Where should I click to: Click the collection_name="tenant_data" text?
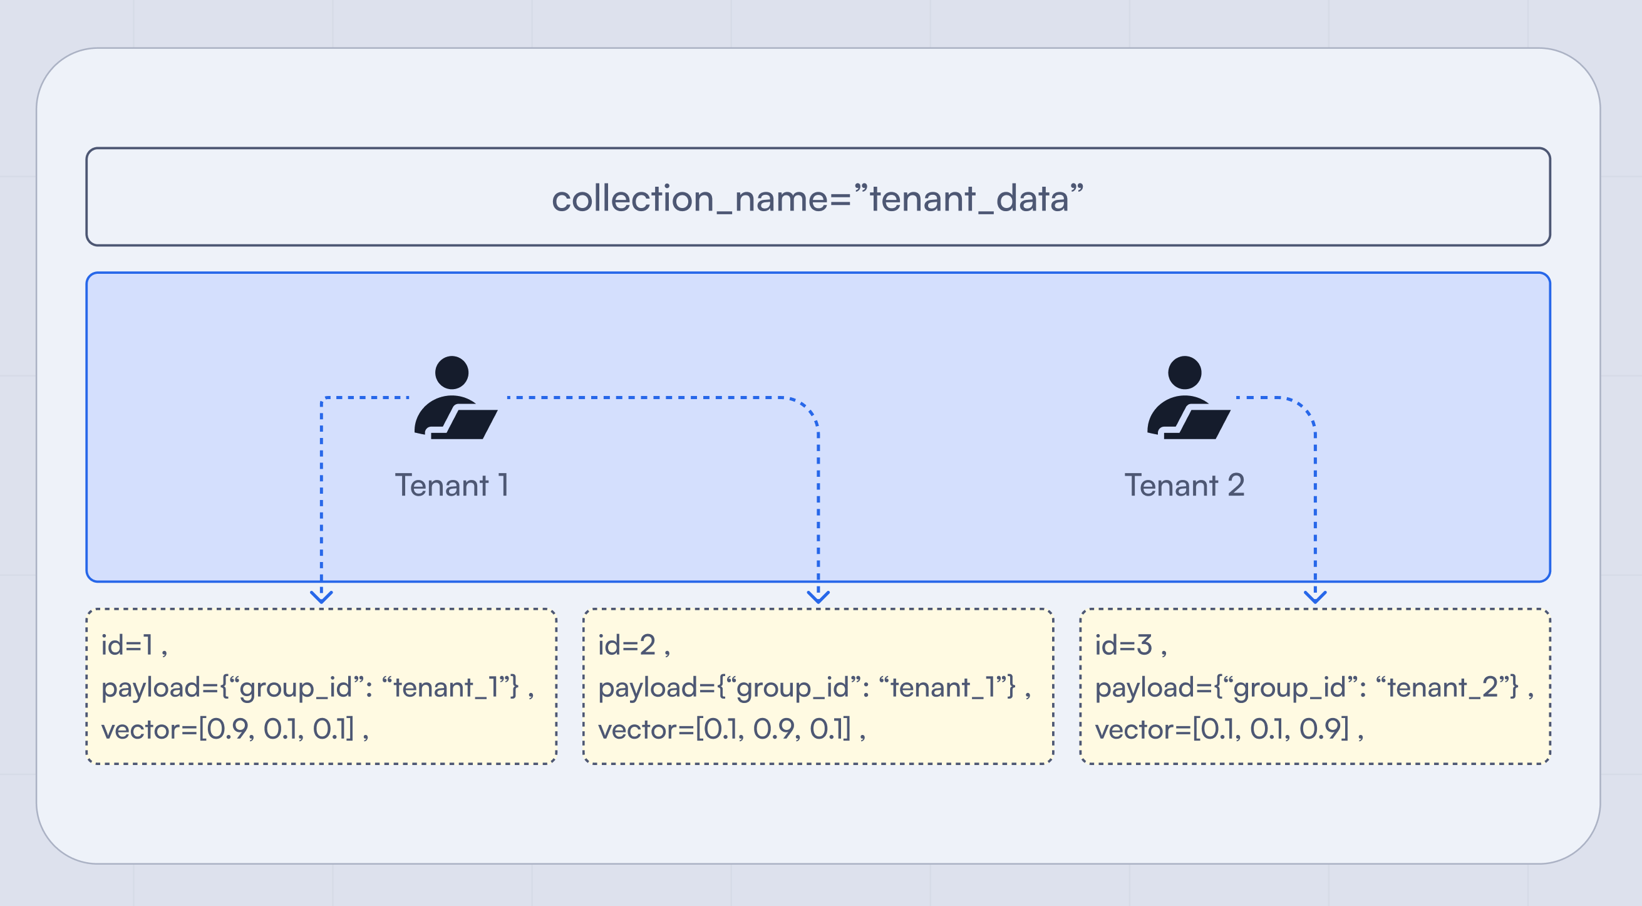point(818,198)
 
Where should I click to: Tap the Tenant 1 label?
point(452,485)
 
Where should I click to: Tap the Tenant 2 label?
point(1184,485)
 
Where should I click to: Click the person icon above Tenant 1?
point(454,398)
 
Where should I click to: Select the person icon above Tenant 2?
point(1187,398)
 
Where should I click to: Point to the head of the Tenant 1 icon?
point(452,372)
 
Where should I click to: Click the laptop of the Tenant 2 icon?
point(1202,424)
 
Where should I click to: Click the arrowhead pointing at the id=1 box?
point(321,596)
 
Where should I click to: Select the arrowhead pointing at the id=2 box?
point(818,596)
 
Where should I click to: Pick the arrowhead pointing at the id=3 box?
point(1315,596)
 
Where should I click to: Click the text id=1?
point(127,645)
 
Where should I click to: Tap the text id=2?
point(627,645)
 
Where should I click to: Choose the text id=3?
point(1123,645)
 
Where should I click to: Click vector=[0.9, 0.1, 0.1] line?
point(227,729)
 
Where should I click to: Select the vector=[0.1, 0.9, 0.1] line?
point(725,729)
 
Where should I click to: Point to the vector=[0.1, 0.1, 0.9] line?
point(1222,729)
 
